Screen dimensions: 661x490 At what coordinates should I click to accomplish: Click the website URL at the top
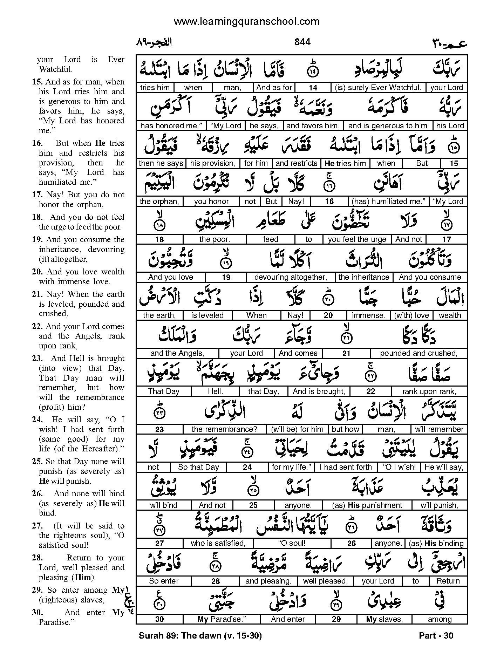click(x=246, y=21)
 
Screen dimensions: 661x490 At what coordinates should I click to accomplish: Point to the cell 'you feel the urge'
click(x=357, y=239)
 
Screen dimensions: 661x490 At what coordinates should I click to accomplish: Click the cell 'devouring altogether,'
click(x=291, y=277)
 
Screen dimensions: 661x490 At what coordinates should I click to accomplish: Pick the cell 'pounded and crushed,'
click(x=418, y=353)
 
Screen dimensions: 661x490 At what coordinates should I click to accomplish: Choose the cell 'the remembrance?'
click(x=224, y=429)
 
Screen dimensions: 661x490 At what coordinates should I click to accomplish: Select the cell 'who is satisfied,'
click(x=218, y=543)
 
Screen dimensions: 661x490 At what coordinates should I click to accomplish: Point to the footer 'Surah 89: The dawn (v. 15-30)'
click(x=200, y=635)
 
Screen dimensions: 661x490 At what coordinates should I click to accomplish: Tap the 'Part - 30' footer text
click(x=436, y=635)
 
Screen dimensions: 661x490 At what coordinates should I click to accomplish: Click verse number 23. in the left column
click(x=37, y=358)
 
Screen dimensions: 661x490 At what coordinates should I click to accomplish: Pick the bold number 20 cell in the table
click(x=328, y=315)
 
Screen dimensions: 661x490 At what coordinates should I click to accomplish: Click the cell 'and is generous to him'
click(x=388, y=125)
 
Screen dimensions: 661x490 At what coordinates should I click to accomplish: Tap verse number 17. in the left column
click(x=37, y=195)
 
